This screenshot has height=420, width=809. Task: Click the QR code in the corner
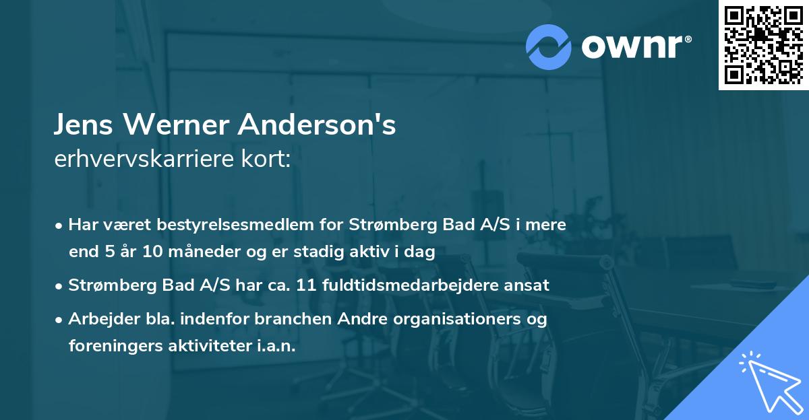click(x=764, y=44)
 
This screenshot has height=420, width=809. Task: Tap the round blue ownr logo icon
click(x=549, y=47)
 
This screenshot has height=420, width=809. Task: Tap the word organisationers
click(x=459, y=318)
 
